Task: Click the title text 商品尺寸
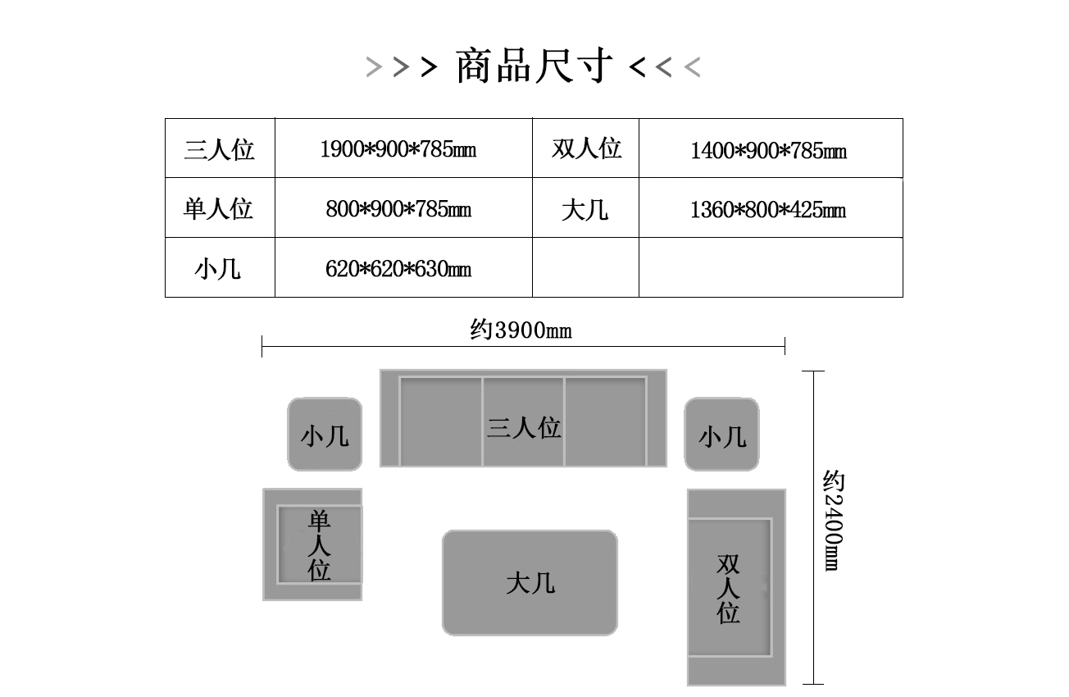point(534,66)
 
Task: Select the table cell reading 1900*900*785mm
point(403,148)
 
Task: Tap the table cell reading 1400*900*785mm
point(771,148)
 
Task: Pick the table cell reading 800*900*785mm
point(403,207)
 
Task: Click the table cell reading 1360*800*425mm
point(771,207)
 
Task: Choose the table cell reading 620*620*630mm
point(403,267)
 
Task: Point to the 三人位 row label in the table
point(220,148)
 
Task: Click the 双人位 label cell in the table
point(585,148)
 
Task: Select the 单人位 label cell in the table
point(220,207)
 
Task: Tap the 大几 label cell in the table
point(585,207)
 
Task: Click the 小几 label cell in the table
point(220,267)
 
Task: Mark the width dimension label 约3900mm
point(521,330)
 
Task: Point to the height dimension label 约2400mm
point(833,521)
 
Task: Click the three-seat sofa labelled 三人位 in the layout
point(523,417)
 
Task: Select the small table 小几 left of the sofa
point(325,435)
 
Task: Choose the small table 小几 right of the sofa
point(721,435)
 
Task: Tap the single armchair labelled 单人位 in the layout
point(312,544)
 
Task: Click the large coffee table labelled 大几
point(530,582)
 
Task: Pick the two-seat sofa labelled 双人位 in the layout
point(736,587)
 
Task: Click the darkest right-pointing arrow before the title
point(429,67)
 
